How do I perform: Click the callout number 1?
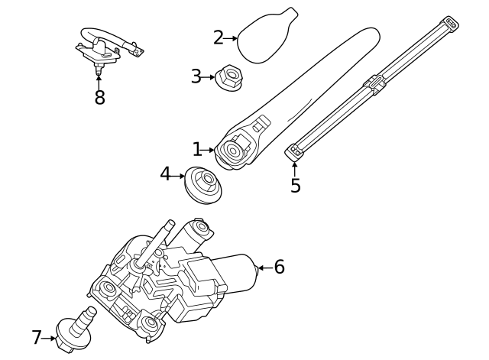click(196, 150)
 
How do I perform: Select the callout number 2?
click(218, 37)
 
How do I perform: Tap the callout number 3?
click(196, 77)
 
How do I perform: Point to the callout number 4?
click(165, 174)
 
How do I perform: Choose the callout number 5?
click(295, 186)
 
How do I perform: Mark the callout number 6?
click(279, 267)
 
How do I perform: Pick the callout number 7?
click(36, 337)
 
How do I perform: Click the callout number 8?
click(99, 98)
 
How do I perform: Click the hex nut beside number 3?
click(228, 78)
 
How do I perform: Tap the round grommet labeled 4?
click(203, 184)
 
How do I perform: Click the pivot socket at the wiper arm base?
click(232, 150)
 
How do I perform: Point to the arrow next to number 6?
click(261, 268)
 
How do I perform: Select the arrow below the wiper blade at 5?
click(294, 167)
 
